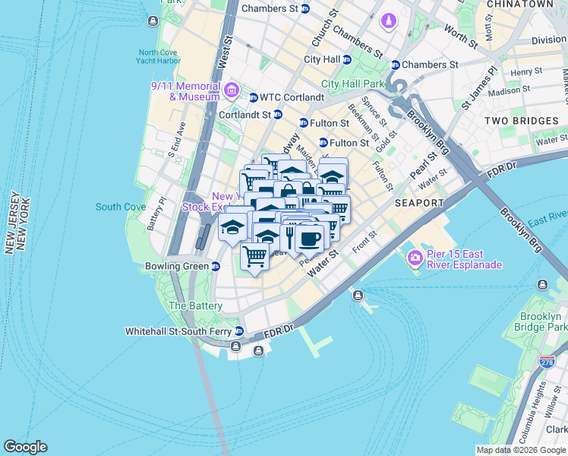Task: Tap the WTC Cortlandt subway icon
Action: (254, 97)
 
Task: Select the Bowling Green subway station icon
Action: (216, 267)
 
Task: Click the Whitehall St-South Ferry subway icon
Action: (239, 331)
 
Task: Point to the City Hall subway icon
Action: (346, 59)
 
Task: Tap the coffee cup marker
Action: (309, 239)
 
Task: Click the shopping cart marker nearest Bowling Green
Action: (255, 255)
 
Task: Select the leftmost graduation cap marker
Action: (232, 227)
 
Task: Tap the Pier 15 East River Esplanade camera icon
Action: (415, 258)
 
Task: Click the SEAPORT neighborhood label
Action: (419, 204)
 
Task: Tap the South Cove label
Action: (121, 207)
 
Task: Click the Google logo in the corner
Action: (25, 447)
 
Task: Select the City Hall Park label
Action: (353, 84)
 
